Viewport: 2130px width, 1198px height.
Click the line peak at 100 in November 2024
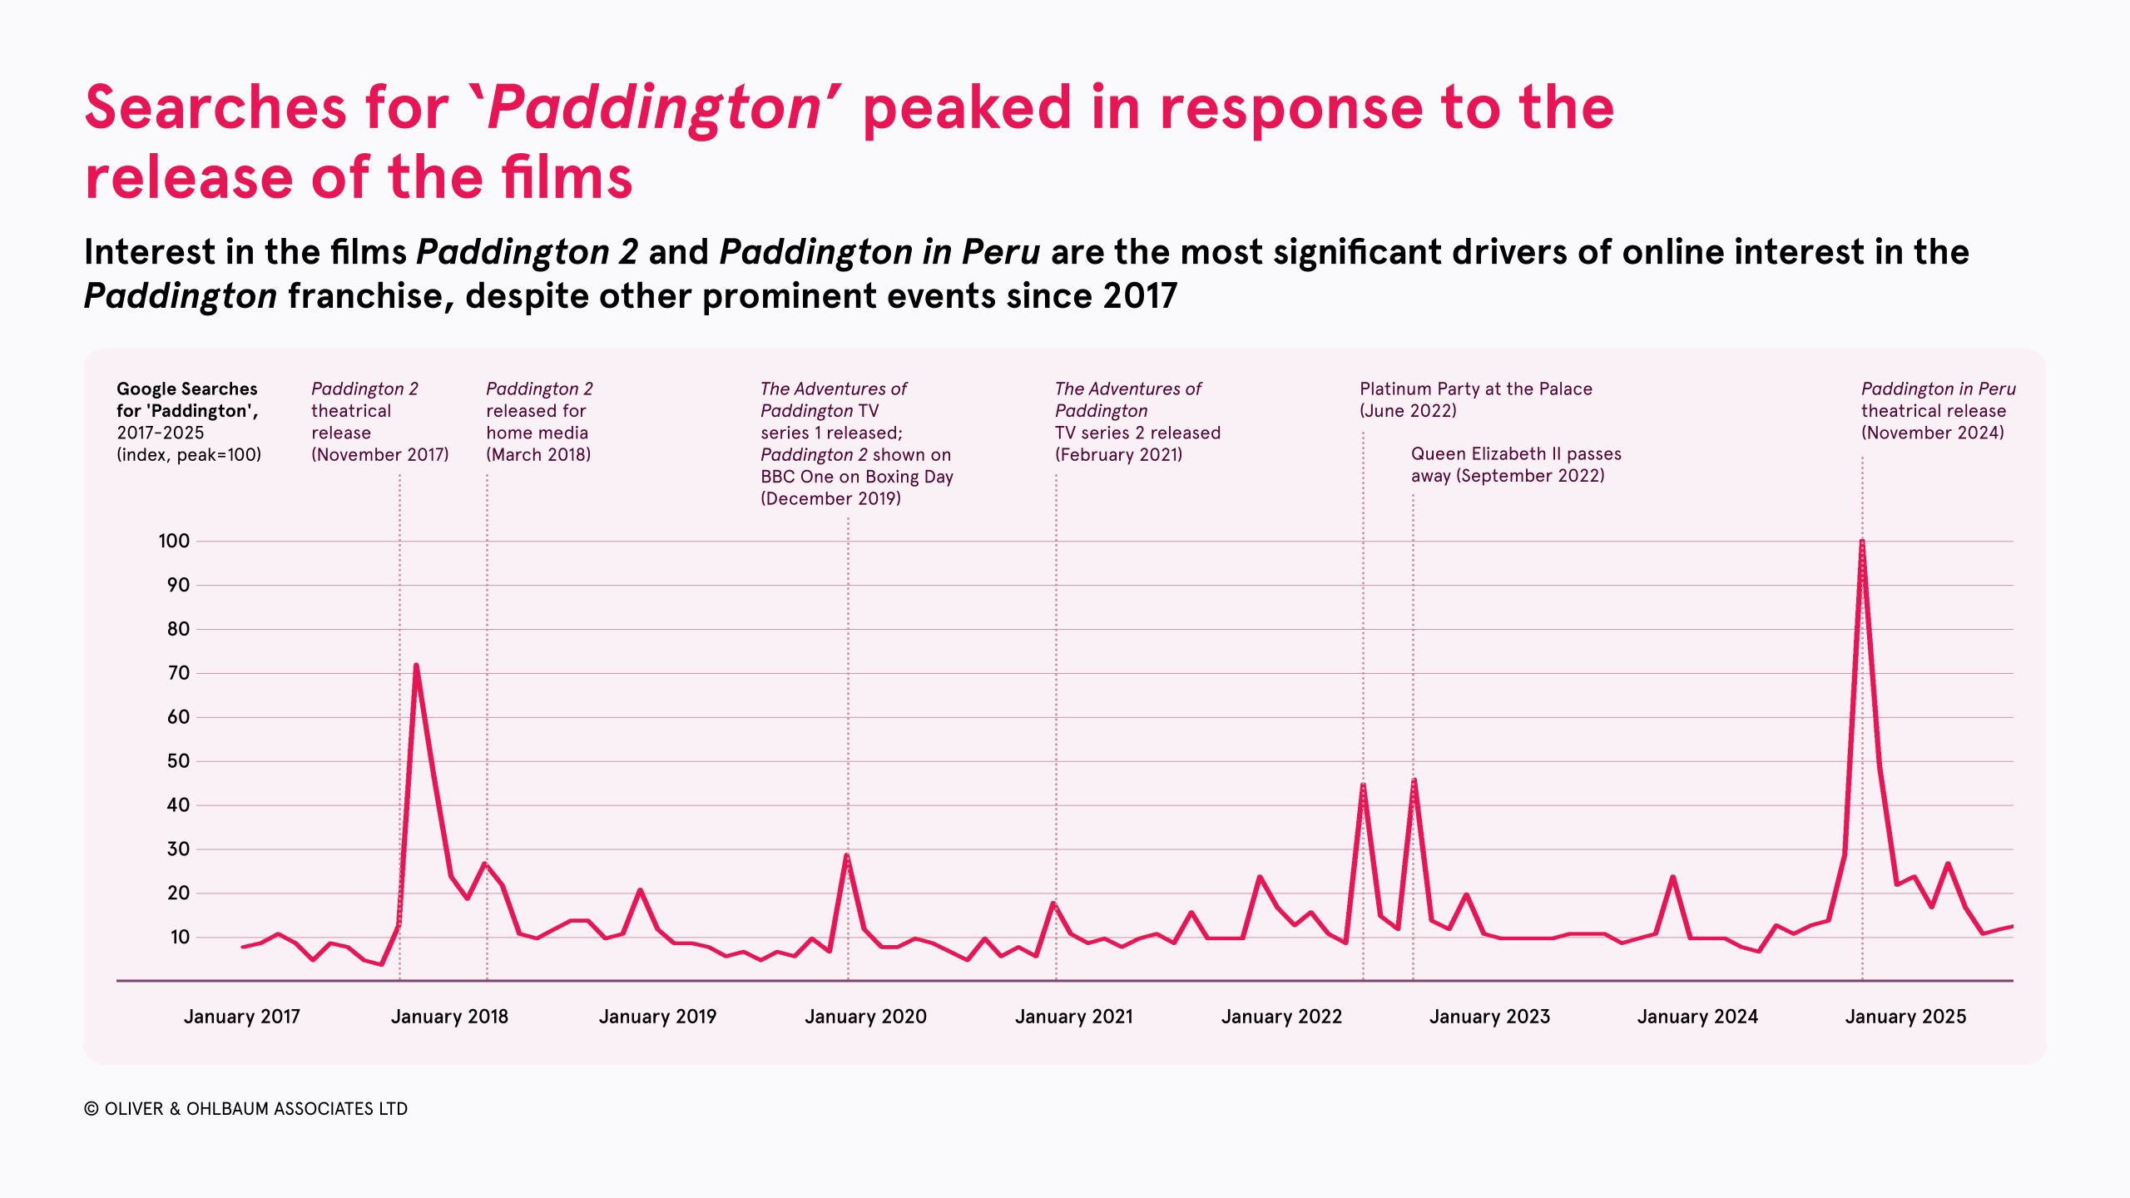click(1861, 542)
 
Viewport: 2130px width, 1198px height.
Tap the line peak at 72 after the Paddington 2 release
click(415, 665)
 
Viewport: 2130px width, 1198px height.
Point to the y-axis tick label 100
click(174, 541)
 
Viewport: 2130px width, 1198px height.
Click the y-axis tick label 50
click(178, 760)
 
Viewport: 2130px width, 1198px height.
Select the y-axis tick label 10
click(180, 937)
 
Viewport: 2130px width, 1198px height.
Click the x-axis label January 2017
click(241, 1016)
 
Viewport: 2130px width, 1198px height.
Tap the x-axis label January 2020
click(865, 1016)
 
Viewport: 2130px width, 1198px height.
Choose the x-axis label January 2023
click(1489, 1016)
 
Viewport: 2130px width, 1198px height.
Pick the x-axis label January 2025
click(1905, 1016)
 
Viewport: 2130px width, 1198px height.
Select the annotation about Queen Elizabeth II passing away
click(1515, 464)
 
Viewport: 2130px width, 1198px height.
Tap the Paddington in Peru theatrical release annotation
click(1938, 410)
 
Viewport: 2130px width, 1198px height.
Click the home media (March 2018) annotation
click(539, 422)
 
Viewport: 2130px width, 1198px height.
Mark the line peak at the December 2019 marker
click(847, 855)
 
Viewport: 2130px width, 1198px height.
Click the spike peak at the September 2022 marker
click(1414, 780)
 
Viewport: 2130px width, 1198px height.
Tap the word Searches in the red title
click(215, 108)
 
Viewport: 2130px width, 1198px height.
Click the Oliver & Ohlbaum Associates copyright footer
click(246, 1108)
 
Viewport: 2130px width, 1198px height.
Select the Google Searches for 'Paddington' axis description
click(188, 421)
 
